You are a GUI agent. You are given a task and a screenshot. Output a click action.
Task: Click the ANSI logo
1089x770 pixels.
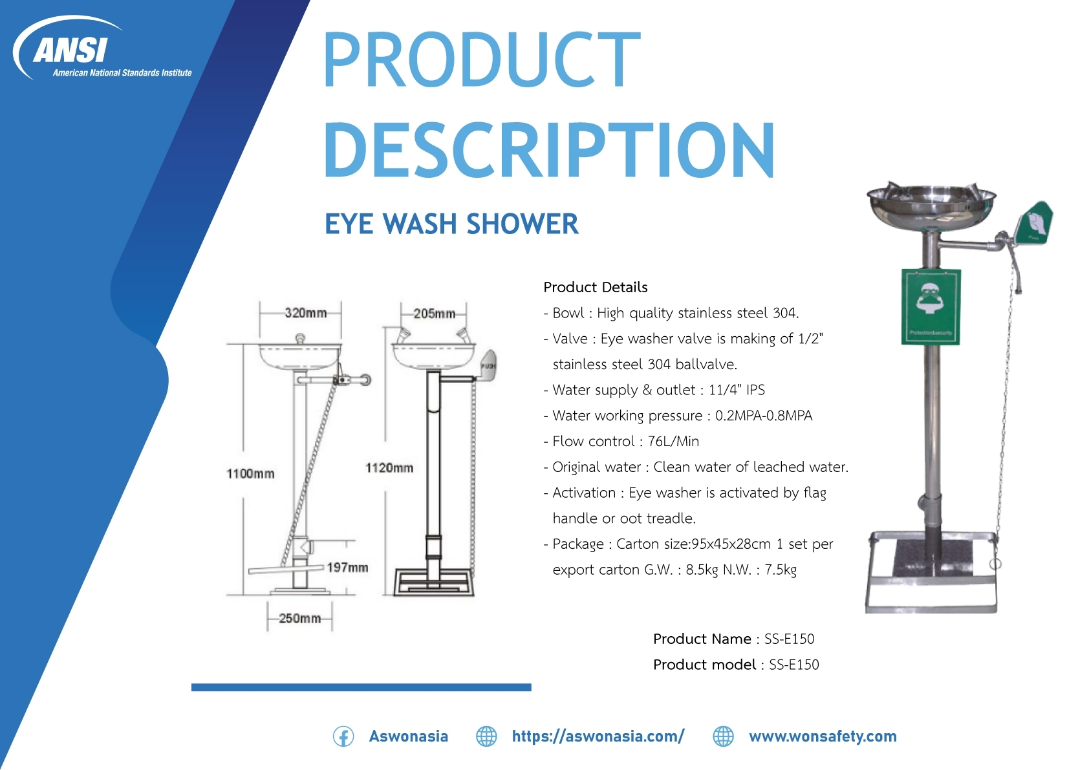pos(102,48)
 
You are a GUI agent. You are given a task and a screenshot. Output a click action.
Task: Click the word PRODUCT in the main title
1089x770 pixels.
pos(481,59)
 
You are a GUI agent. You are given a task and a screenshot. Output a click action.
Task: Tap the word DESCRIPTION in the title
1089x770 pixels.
pos(550,150)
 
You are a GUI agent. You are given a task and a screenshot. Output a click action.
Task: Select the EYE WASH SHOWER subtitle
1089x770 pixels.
pos(451,224)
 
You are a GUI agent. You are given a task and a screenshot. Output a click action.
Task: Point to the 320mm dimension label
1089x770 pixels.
pos(306,312)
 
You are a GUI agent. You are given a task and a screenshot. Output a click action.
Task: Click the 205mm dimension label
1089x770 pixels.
pos(435,314)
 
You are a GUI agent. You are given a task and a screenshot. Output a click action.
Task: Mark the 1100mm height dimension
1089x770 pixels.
pos(250,473)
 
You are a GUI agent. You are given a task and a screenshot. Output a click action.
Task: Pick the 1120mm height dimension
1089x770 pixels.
pos(389,467)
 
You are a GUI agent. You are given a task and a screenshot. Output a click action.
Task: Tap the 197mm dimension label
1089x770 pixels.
pos(348,567)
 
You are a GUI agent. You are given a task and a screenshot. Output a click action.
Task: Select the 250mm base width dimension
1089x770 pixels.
pos(300,618)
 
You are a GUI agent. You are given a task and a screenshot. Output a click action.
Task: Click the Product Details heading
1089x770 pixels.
pos(596,287)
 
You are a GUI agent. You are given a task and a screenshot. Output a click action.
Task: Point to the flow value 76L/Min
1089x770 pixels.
pos(673,442)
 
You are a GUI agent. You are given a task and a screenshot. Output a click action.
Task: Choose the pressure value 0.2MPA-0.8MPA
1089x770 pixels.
pos(764,416)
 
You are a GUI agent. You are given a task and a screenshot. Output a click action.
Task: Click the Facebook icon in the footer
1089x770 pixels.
pos(343,736)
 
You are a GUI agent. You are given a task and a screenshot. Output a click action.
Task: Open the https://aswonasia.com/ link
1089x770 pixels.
pos(598,736)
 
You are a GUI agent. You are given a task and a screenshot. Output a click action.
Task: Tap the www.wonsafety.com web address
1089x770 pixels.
pos(823,736)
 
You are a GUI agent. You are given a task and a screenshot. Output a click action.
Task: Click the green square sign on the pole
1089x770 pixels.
pos(931,306)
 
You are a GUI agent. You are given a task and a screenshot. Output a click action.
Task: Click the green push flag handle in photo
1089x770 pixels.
pos(1034,224)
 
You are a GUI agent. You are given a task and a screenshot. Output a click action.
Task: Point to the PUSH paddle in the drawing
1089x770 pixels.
pos(488,365)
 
